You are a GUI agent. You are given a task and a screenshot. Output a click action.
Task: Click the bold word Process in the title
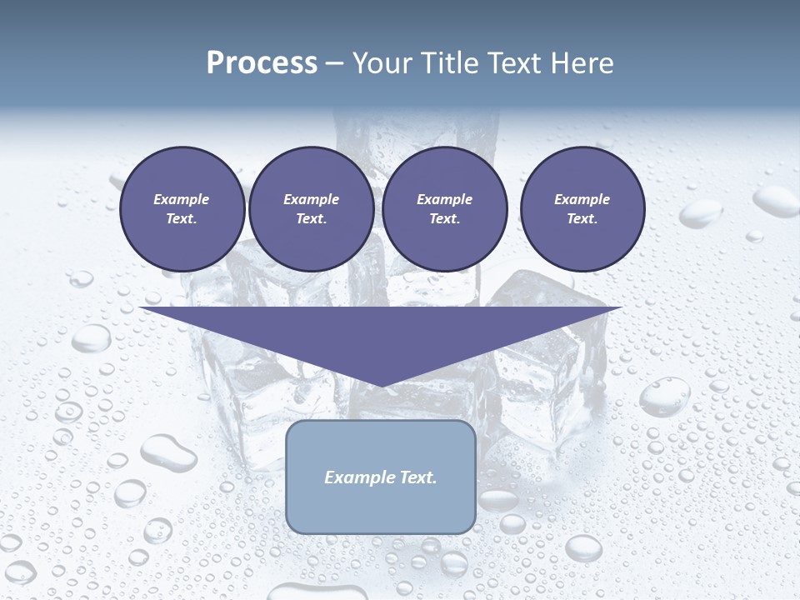pos(262,63)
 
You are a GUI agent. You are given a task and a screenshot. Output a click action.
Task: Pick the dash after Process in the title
pos(334,64)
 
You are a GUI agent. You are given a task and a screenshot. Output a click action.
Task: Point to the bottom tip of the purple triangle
pos(381,384)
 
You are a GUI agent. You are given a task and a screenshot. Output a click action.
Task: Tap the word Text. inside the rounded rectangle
pos(417,477)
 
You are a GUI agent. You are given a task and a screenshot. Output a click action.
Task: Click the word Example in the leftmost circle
pos(182,199)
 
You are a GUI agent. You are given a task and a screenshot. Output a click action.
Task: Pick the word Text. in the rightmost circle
pos(582,218)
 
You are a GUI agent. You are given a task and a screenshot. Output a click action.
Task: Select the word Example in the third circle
pos(444,199)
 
